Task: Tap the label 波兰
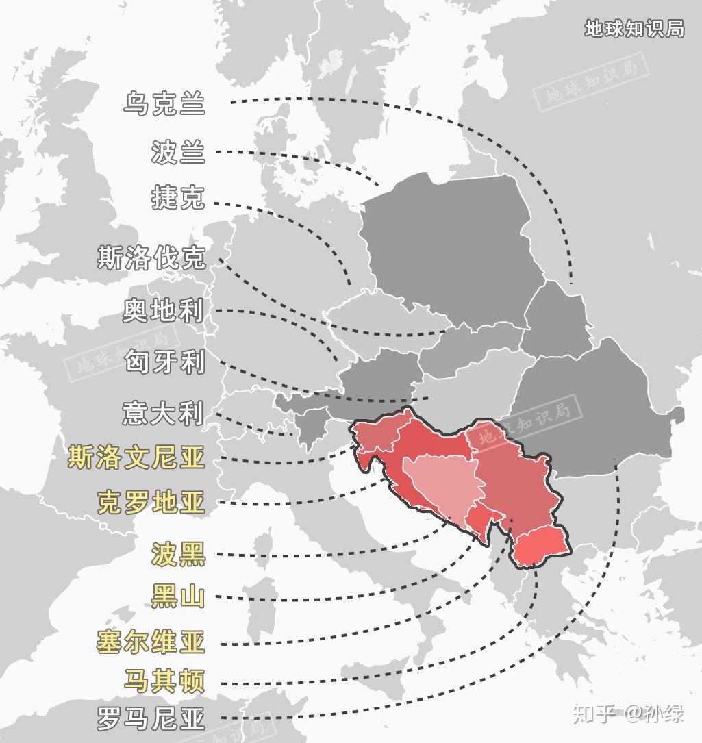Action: [178, 151]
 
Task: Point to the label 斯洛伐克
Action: [151, 258]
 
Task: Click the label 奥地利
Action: [164, 310]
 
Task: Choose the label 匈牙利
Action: [164, 361]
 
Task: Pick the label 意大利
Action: [164, 412]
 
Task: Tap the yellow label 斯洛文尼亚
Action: [137, 457]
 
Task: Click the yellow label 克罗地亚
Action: [151, 503]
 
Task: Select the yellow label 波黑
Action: [178, 554]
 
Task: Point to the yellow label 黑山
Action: [178, 596]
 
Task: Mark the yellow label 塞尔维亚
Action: [151, 642]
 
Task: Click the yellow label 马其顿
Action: [164, 681]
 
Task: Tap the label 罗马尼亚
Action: [151, 719]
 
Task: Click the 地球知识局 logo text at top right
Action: [634, 28]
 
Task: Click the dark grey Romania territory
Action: [596, 418]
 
